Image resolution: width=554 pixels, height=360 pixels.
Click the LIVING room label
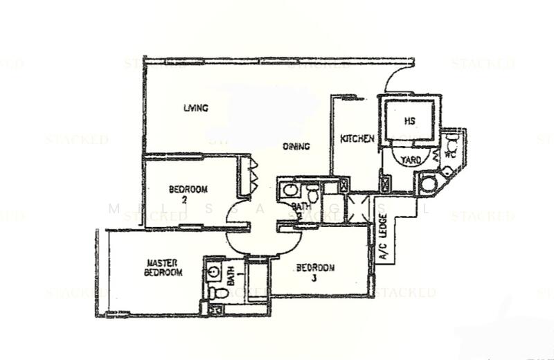[196, 108]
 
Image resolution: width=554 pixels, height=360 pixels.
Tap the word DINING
[296, 147]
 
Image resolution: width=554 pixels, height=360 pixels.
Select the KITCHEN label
[357, 139]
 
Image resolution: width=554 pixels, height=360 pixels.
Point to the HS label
[409, 120]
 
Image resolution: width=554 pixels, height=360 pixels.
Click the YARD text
[411, 160]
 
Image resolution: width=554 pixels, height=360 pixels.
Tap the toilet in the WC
[452, 146]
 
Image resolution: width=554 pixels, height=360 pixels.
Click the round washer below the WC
[426, 184]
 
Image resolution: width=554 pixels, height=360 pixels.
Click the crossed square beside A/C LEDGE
[384, 184]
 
